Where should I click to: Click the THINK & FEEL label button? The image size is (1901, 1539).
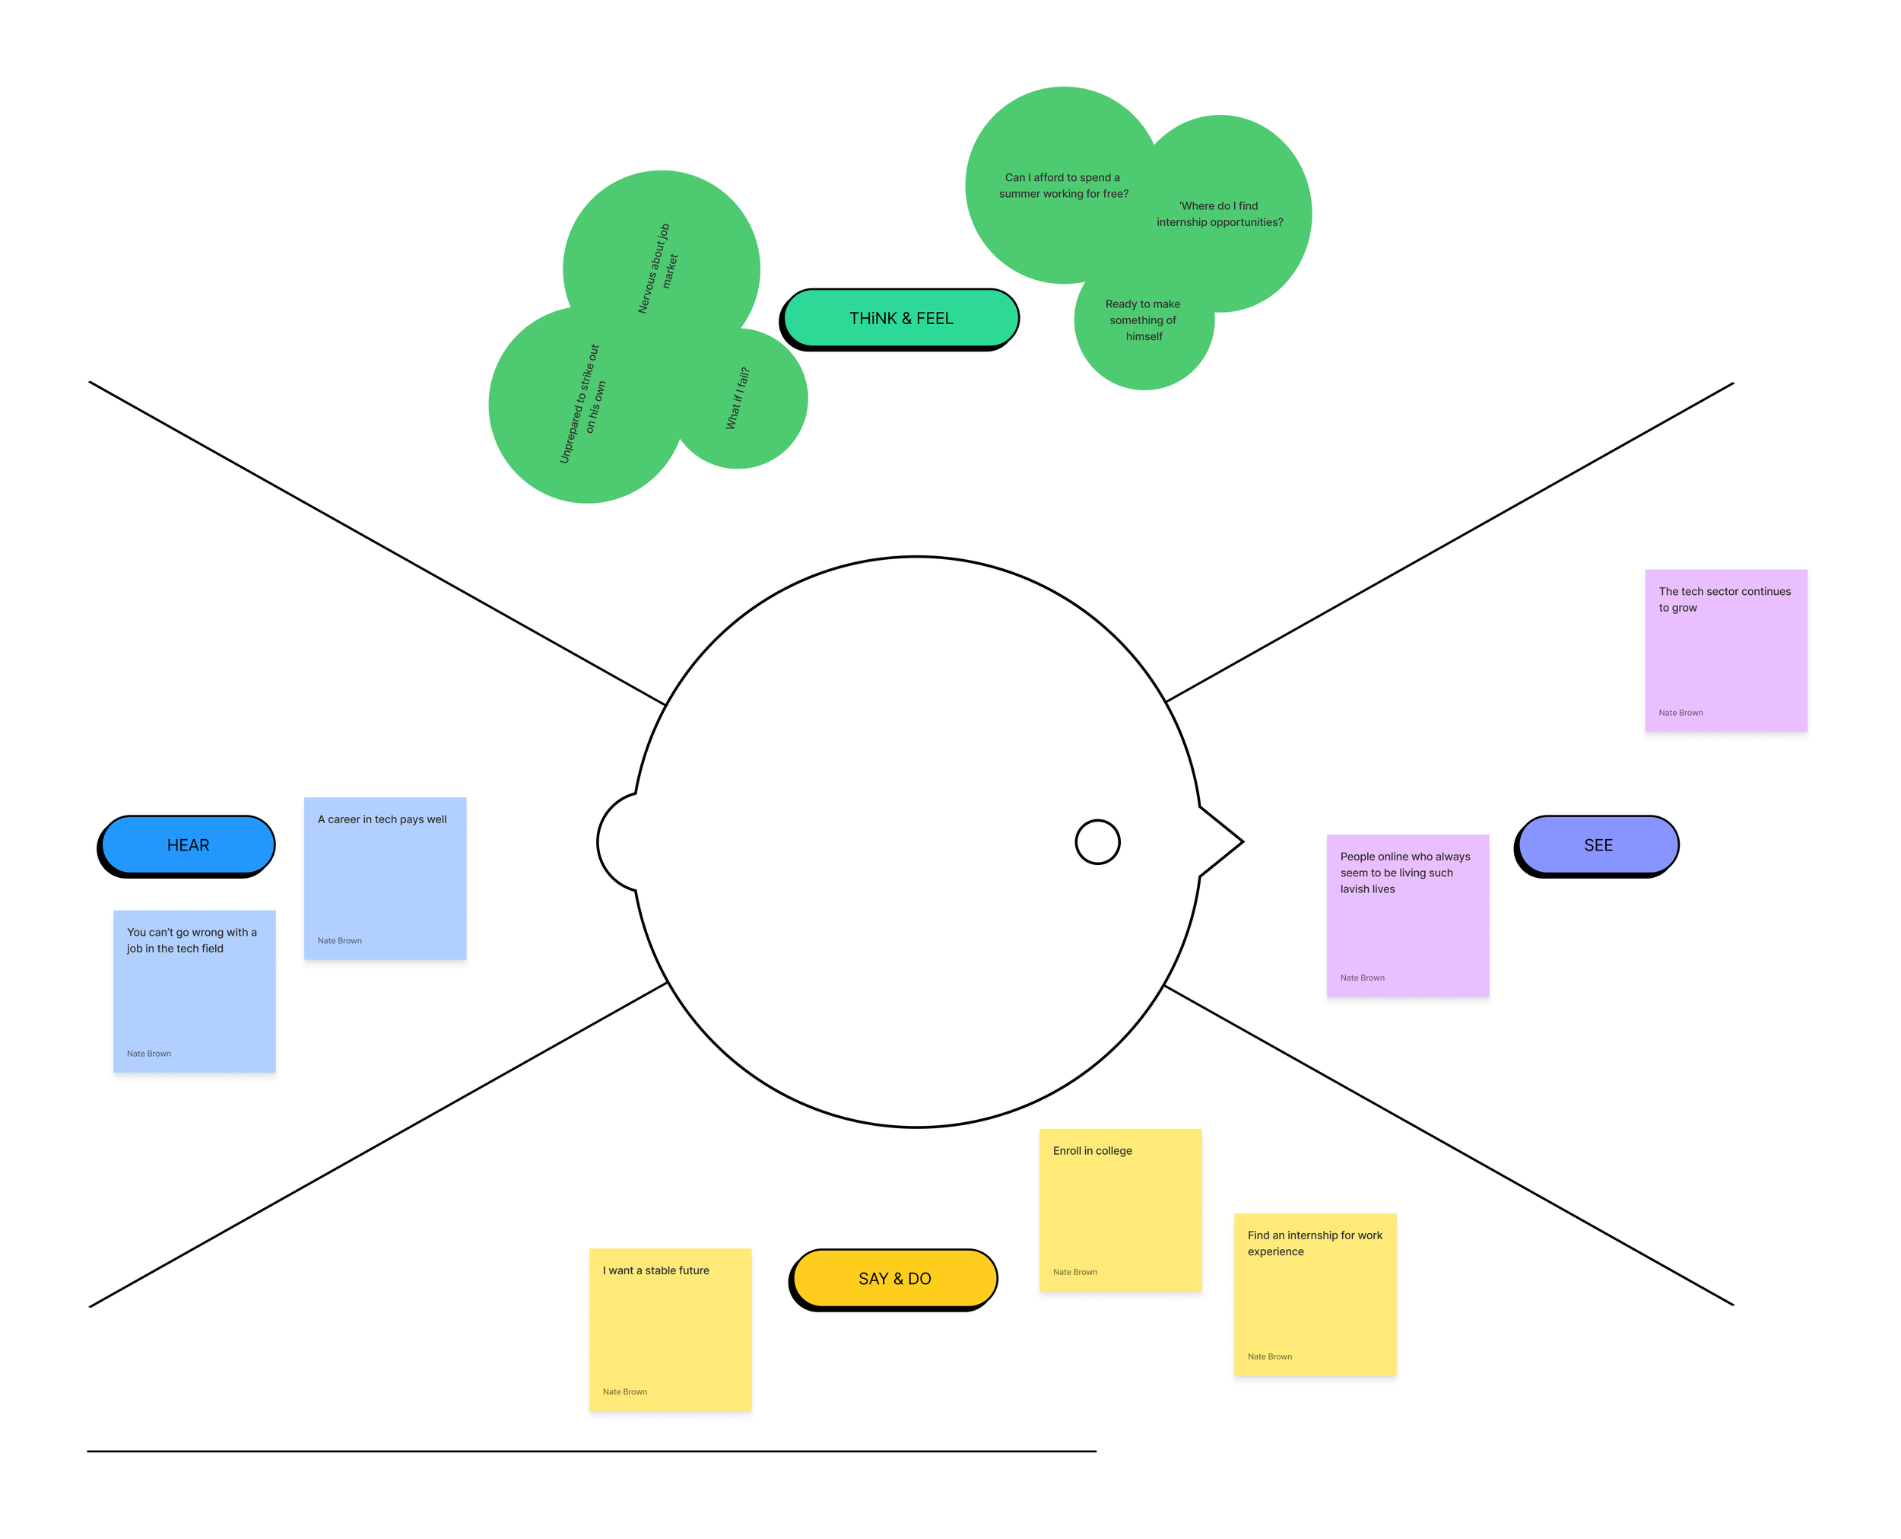pyautogui.click(x=900, y=318)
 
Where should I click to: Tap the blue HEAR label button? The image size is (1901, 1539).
pyautogui.click(x=188, y=845)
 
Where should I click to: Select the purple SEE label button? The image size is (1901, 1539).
pyautogui.click(x=1597, y=845)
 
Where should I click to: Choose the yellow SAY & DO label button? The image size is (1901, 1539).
pyautogui.click(x=894, y=1278)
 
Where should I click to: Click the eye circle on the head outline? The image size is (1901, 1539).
pyautogui.click(x=1097, y=841)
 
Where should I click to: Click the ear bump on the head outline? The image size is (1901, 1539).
pyautogui.click(x=614, y=841)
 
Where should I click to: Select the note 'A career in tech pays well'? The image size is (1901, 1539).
pyautogui.click(x=385, y=878)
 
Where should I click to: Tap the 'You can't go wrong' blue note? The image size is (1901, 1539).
pyautogui.click(x=194, y=991)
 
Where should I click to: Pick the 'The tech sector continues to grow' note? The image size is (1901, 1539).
pyautogui.click(x=1725, y=650)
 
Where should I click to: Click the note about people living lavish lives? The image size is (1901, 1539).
pyautogui.click(x=1408, y=915)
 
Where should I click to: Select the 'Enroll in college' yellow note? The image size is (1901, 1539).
pyautogui.click(x=1120, y=1210)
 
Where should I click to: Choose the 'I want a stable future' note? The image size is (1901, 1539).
pyautogui.click(x=670, y=1329)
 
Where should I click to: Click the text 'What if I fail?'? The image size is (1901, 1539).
pyautogui.click(x=738, y=398)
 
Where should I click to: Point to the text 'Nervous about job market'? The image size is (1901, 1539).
pyautogui.click(x=658, y=269)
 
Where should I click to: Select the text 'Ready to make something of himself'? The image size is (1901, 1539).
pyautogui.click(x=1143, y=320)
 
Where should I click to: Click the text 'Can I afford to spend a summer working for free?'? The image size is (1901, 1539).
pyautogui.click(x=1064, y=186)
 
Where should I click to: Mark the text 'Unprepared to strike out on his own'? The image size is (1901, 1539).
pyautogui.click(x=583, y=404)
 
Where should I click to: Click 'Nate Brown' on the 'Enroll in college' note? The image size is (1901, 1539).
pyautogui.click(x=1074, y=1272)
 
